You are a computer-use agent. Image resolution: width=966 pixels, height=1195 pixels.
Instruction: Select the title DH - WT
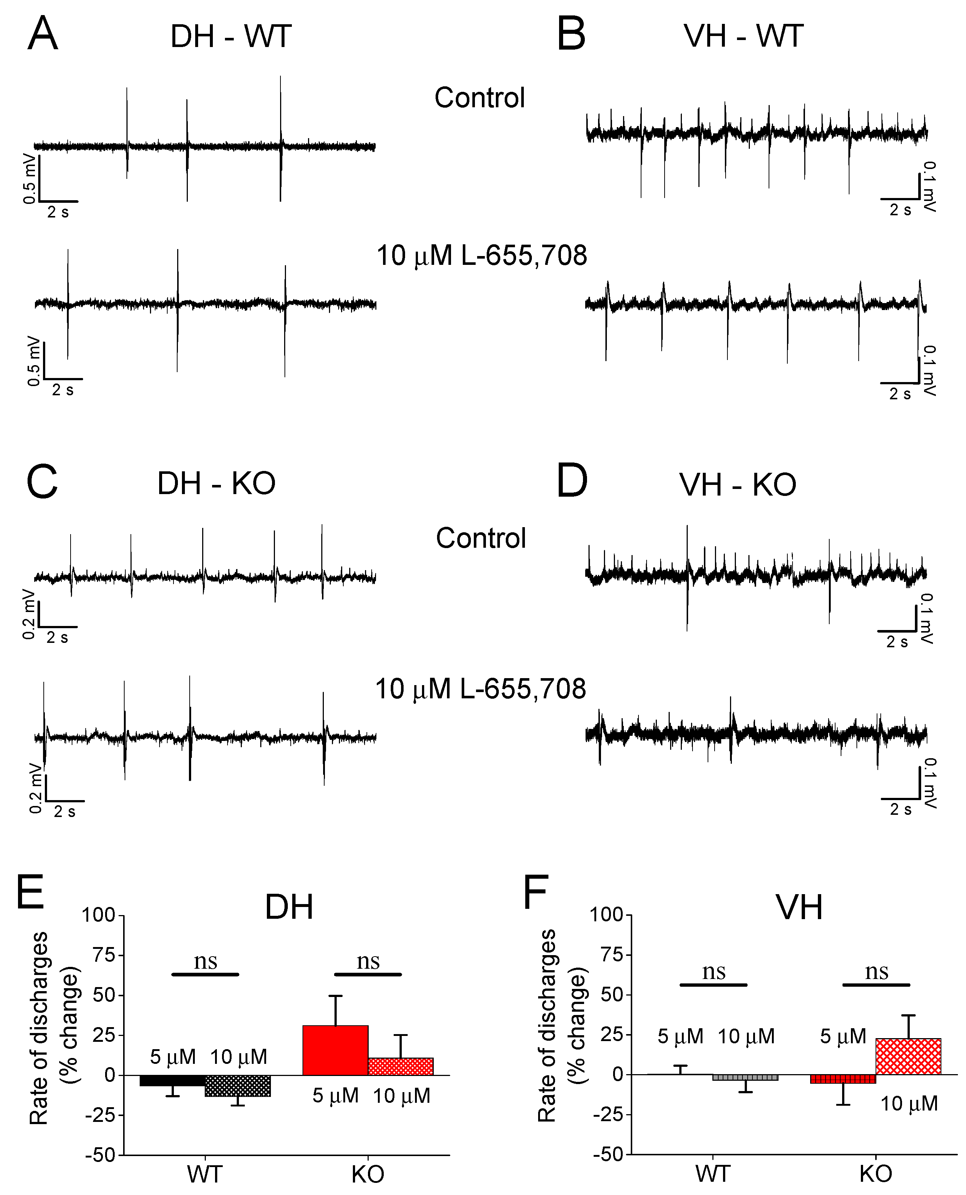tap(230, 37)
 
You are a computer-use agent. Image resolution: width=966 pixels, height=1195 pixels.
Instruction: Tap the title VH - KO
tap(737, 485)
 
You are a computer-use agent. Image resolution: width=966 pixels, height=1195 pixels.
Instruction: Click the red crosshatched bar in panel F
tap(908, 1056)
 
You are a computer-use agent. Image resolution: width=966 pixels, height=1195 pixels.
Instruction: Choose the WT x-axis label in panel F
tap(713, 1174)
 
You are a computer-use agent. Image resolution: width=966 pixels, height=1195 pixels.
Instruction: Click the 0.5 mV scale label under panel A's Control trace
tap(29, 179)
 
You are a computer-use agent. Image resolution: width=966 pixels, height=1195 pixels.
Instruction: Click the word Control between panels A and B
tap(479, 98)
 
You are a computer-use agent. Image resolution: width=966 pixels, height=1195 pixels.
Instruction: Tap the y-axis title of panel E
tap(54, 1028)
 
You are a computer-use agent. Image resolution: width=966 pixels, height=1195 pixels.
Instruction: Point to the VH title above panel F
tap(799, 907)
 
